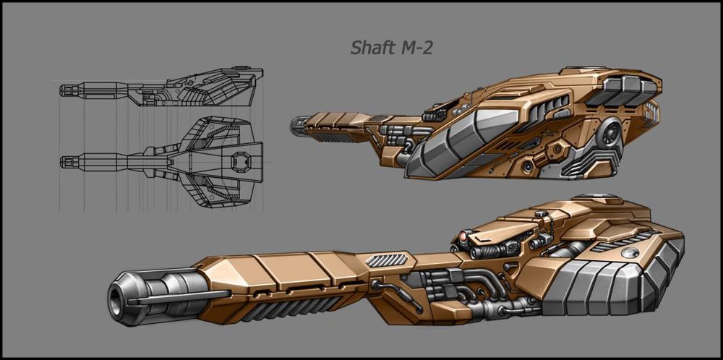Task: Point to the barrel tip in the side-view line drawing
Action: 63,90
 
